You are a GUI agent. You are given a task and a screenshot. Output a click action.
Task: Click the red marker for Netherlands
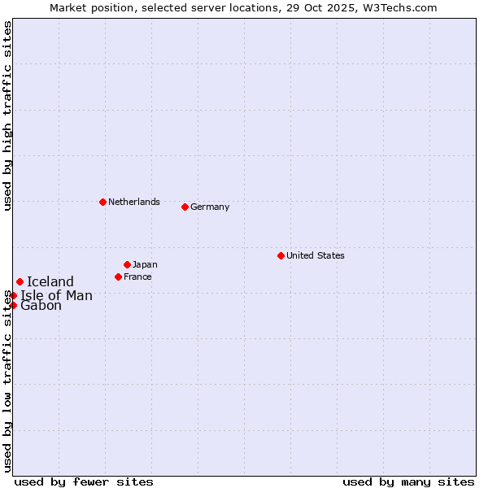pyautogui.click(x=102, y=202)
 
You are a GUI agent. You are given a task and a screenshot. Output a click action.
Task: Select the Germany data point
pyautogui.click(x=185, y=207)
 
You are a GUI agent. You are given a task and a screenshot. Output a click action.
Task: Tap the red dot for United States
pyautogui.click(x=281, y=255)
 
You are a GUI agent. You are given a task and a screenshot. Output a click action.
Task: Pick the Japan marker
pyautogui.click(x=127, y=264)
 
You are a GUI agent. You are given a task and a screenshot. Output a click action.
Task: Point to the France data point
pyautogui.click(x=118, y=277)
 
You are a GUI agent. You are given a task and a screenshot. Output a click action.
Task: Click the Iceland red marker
pyautogui.click(x=20, y=282)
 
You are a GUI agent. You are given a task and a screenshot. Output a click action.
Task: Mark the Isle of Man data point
pyautogui.click(x=14, y=295)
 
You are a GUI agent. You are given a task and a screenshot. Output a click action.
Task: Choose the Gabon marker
pyautogui.click(x=14, y=305)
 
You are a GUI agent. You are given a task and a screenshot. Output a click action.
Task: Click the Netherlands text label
pyautogui.click(x=134, y=202)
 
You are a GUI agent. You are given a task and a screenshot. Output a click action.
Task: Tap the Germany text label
pyautogui.click(x=210, y=207)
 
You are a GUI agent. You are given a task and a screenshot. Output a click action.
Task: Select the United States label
pyautogui.click(x=316, y=255)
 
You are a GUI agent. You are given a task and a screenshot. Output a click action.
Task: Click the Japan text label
pyautogui.click(x=145, y=264)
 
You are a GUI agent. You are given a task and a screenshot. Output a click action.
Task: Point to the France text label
pyautogui.click(x=137, y=277)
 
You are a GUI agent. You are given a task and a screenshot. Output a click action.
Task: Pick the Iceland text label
pyautogui.click(x=50, y=282)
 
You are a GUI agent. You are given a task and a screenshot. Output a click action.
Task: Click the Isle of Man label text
pyautogui.click(x=57, y=295)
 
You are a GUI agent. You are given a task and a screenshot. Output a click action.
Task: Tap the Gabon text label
pyautogui.click(x=41, y=306)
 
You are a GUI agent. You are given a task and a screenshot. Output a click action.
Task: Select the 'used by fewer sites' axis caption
pyautogui.click(x=84, y=481)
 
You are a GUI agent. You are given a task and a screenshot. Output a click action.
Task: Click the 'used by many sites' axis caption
pyautogui.click(x=408, y=481)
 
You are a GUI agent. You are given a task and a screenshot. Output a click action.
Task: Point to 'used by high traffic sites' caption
pyautogui.click(x=7, y=115)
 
